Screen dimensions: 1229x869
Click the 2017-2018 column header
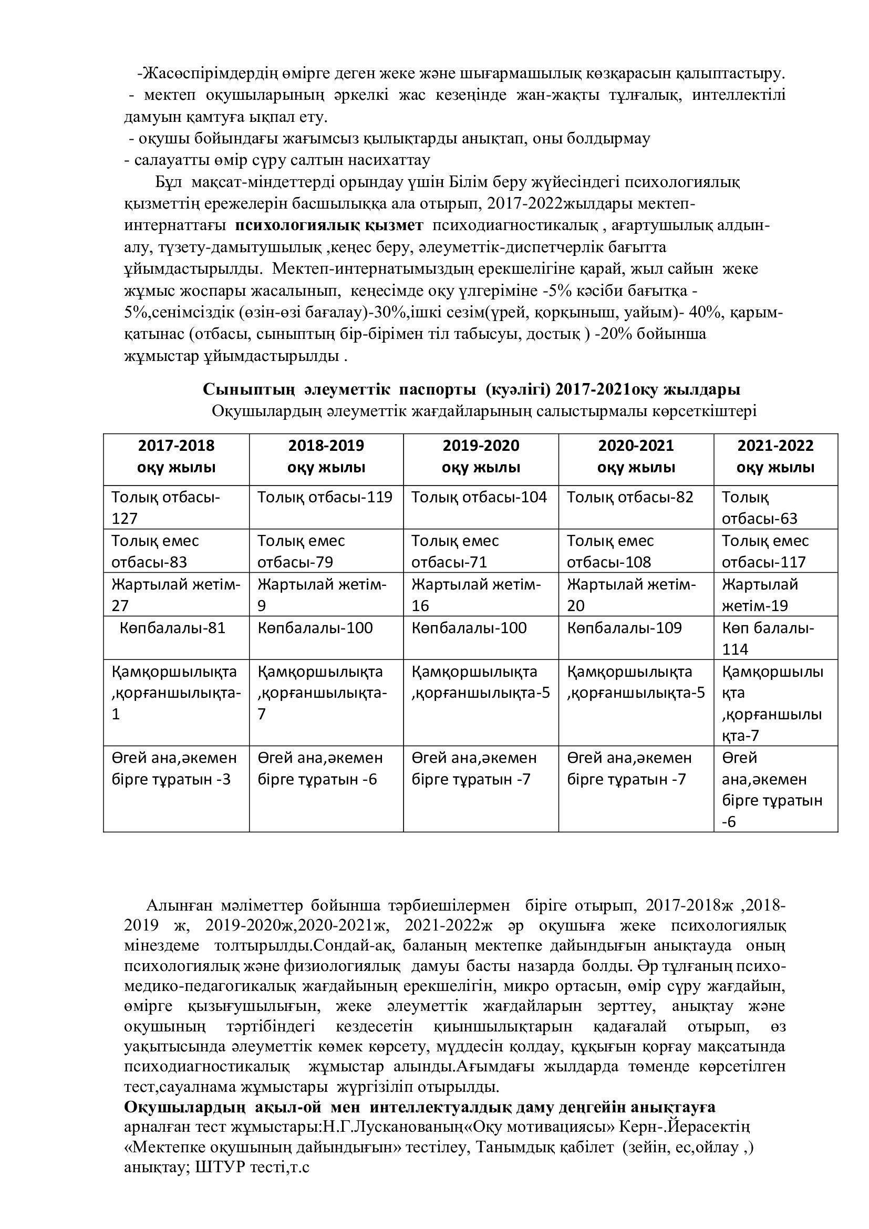pyautogui.click(x=176, y=456)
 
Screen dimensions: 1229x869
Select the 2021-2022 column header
pyautogui.click(x=775, y=456)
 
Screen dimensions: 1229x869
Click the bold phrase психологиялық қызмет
pyautogui.click(x=329, y=225)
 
